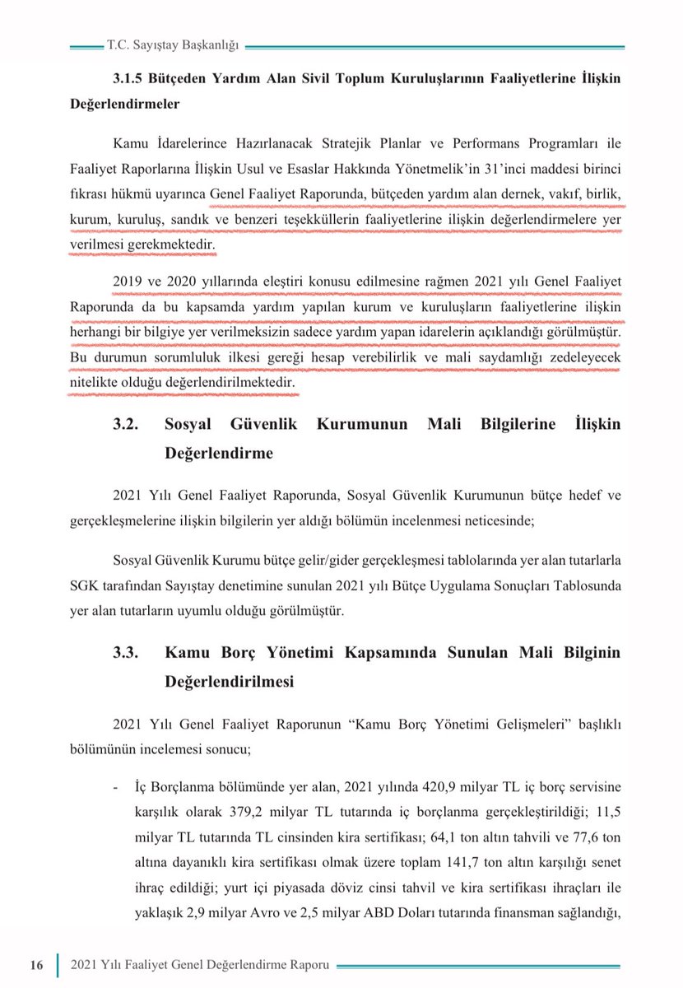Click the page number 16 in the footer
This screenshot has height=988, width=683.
click(36, 964)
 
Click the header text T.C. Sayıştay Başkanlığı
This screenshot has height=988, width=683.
click(173, 46)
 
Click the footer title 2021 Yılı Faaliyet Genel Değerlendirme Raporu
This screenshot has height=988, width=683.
click(200, 964)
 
